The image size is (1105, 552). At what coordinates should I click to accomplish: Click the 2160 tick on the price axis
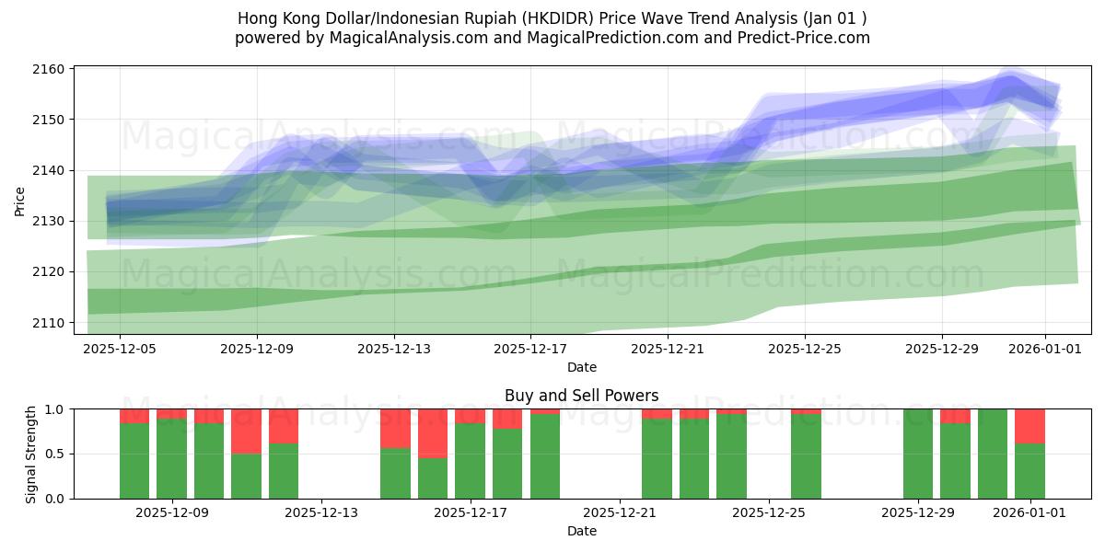click(x=52, y=69)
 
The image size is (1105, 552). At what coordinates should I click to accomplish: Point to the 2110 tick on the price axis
click(x=52, y=323)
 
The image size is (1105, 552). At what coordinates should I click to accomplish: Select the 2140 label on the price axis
click(x=52, y=170)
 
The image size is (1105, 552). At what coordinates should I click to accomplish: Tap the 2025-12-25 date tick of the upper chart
click(x=805, y=349)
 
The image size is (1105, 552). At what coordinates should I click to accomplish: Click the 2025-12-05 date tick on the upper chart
click(x=121, y=349)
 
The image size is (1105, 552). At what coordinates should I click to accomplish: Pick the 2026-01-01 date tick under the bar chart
click(x=1030, y=512)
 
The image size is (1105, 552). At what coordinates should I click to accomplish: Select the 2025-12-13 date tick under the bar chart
click(x=321, y=512)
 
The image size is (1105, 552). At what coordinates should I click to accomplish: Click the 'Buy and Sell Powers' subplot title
click(x=581, y=396)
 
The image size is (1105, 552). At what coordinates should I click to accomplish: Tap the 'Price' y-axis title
click(x=20, y=200)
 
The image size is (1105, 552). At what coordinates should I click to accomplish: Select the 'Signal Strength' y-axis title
click(x=31, y=454)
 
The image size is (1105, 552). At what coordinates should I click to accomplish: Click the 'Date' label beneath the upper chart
click(x=581, y=367)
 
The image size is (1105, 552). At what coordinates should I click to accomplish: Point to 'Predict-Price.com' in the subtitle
click(x=808, y=38)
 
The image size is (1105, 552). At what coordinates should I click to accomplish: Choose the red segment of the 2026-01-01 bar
click(x=1029, y=426)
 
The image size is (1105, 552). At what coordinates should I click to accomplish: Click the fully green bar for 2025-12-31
click(x=993, y=454)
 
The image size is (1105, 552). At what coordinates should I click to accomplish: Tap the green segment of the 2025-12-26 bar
click(x=806, y=456)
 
